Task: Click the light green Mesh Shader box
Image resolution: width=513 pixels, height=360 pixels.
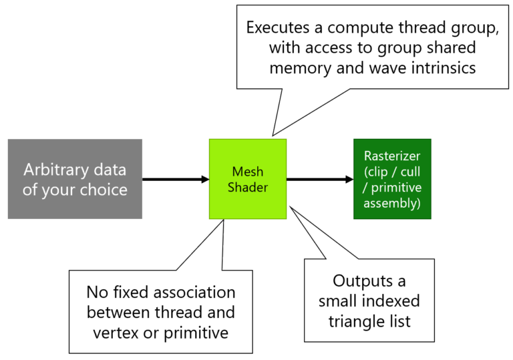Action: tap(248, 179)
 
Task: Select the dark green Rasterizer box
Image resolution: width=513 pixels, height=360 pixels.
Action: tap(392, 179)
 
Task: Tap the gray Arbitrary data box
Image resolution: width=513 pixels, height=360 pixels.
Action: tap(75, 179)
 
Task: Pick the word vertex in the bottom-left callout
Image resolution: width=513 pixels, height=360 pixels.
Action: tap(112, 331)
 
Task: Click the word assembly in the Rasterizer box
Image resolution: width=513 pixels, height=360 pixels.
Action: tap(392, 203)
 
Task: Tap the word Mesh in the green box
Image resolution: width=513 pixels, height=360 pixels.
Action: tap(248, 172)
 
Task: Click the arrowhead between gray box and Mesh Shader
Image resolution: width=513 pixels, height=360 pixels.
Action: tap(204, 179)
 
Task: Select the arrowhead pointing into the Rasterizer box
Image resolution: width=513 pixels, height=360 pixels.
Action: tap(350, 179)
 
